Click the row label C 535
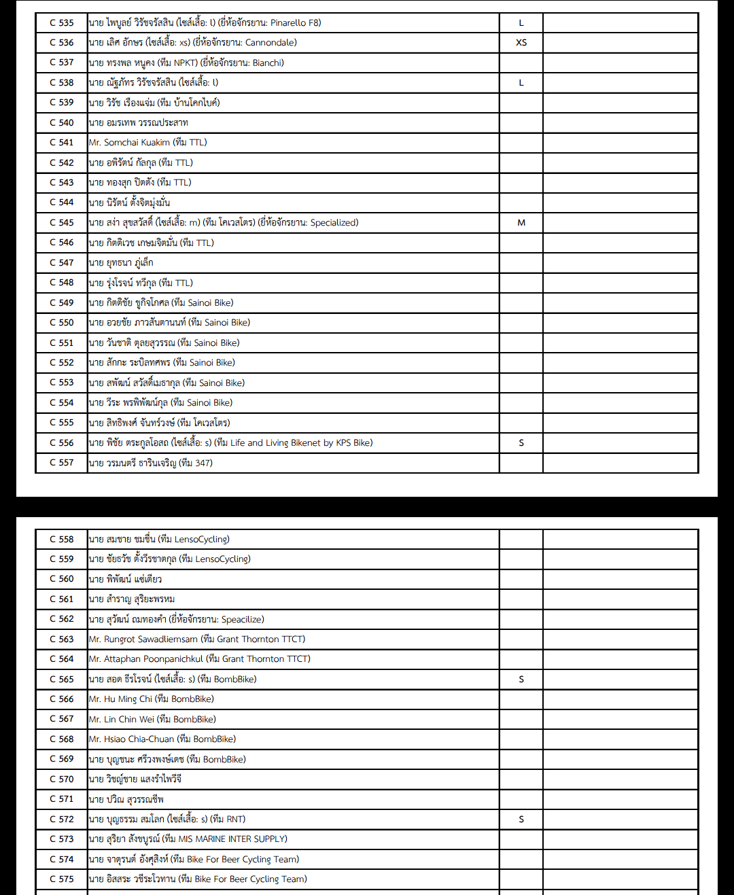click(x=61, y=22)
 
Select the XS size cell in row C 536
click(x=521, y=42)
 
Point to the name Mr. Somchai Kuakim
click(x=129, y=142)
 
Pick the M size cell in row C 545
click(x=521, y=222)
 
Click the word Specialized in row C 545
click(x=333, y=222)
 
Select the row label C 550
click(x=61, y=322)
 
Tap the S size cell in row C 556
click(x=521, y=442)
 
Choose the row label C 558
click(x=61, y=539)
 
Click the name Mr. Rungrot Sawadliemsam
click(x=143, y=639)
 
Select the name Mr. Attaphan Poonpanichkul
click(x=145, y=659)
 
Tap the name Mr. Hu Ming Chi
click(x=120, y=699)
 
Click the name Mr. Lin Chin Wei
click(x=121, y=719)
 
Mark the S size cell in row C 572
click(x=521, y=819)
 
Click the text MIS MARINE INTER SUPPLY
click(x=232, y=839)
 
